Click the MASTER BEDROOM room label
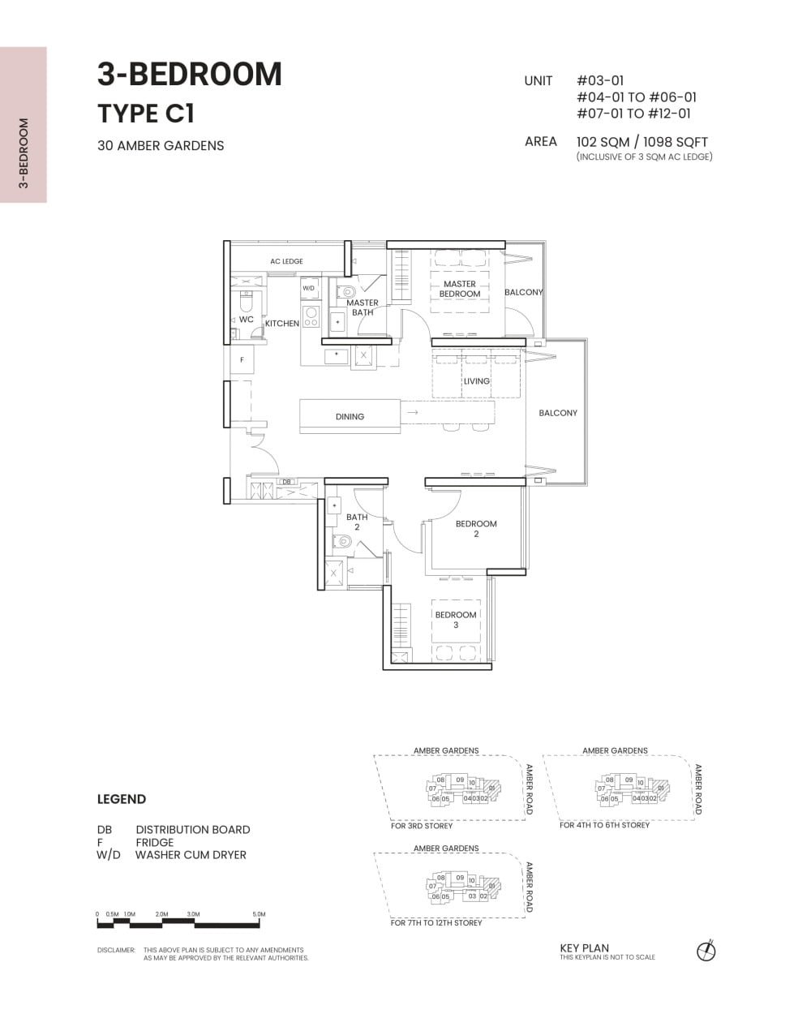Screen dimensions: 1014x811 click(460, 289)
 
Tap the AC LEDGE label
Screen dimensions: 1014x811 click(286, 261)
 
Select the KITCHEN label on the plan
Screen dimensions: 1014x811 click(282, 324)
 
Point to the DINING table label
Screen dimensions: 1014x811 click(350, 416)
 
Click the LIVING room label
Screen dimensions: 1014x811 click(476, 381)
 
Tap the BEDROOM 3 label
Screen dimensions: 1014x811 click(456, 620)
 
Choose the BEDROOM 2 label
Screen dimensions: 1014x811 click(476, 529)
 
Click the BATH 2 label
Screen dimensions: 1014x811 click(357, 522)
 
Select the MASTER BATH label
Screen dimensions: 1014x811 click(363, 307)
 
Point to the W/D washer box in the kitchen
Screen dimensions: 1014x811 click(308, 288)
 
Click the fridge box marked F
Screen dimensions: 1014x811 click(242, 359)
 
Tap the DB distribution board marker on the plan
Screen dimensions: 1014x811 click(286, 481)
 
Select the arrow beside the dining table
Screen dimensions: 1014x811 click(412, 413)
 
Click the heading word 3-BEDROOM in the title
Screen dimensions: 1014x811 click(190, 74)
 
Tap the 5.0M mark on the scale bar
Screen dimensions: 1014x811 click(259, 914)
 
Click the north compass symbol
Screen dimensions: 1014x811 click(706, 951)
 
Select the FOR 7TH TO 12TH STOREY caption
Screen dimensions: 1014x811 click(436, 923)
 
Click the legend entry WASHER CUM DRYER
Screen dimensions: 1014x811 click(191, 855)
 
